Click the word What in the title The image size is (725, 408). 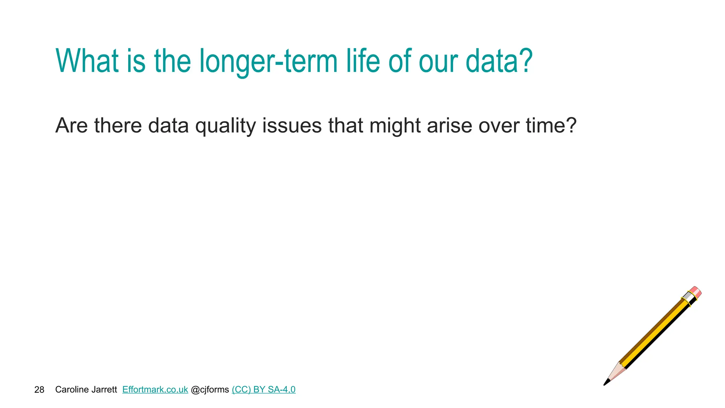[x=87, y=61]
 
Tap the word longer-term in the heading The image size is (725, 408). [x=268, y=61]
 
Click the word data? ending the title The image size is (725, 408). [x=499, y=61]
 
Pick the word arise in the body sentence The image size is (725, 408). [x=450, y=126]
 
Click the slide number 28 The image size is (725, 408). [x=39, y=390]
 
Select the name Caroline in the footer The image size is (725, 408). [x=70, y=390]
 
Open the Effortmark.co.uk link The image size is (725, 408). [x=155, y=390]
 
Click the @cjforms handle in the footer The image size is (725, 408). [x=210, y=390]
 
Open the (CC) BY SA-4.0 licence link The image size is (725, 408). [x=263, y=390]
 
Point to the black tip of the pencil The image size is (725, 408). [x=606, y=382]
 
